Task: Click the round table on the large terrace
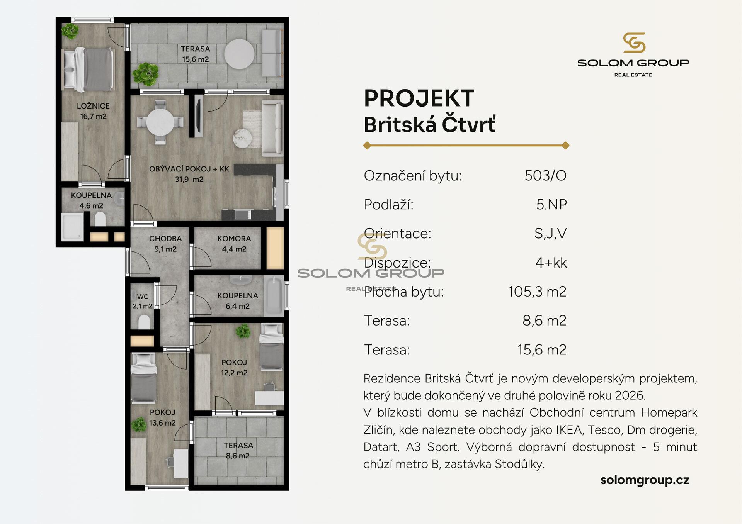(239, 54)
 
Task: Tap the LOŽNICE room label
(93, 106)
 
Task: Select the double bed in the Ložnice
(88, 70)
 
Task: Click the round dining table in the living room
(160, 122)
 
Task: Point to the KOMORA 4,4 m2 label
(234, 244)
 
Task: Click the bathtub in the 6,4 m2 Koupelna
(274, 296)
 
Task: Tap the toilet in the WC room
(144, 322)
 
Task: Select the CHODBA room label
(165, 239)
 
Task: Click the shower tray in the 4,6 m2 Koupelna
(73, 227)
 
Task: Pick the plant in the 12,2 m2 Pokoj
(243, 331)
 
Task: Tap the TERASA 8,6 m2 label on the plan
(238, 451)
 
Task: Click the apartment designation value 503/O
(545, 176)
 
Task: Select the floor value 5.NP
(551, 205)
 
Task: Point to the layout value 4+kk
(551, 263)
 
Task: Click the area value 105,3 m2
(537, 292)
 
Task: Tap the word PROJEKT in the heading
(419, 98)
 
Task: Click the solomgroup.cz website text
(645, 480)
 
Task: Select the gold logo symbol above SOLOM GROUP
(634, 42)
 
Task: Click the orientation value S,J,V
(551, 234)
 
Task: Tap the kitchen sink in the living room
(242, 214)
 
